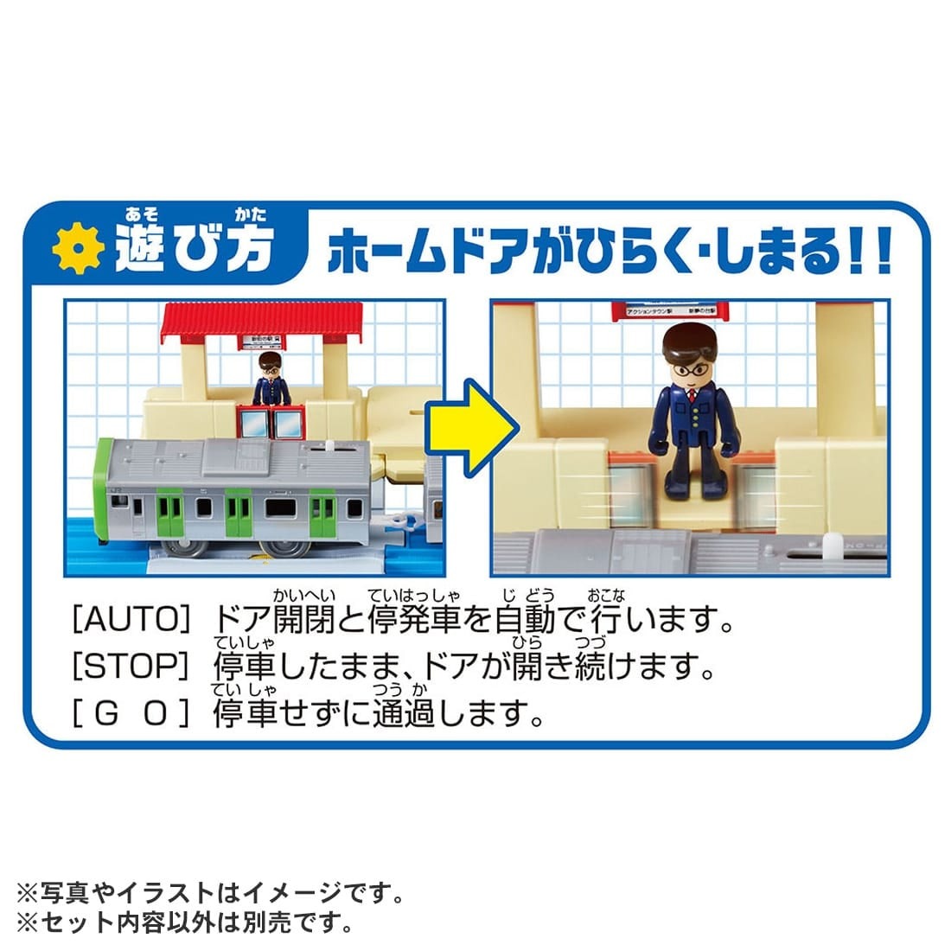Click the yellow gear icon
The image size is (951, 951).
coord(78,249)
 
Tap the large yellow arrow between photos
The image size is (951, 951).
coord(469,426)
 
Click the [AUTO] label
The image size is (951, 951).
coord(129,619)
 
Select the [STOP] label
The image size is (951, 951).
coord(129,667)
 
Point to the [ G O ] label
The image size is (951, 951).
coord(129,714)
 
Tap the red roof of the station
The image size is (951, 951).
coord(262,322)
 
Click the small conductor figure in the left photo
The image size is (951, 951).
coord(271,380)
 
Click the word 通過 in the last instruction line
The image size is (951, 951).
coord(403,714)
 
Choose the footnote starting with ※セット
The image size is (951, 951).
coord(185,922)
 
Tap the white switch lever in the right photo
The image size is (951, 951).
coord(832,546)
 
